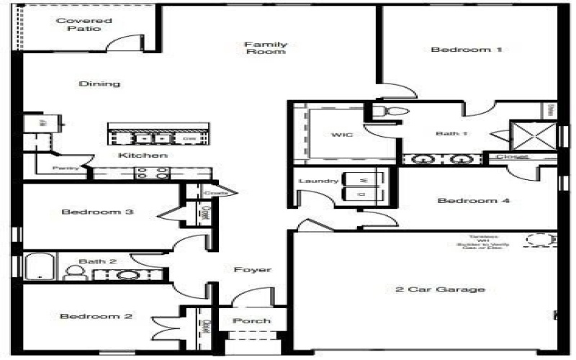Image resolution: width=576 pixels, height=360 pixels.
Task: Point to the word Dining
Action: [x=99, y=84]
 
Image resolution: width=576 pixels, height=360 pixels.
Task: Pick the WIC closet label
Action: [x=341, y=135]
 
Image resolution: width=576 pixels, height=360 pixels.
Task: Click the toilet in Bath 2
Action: [x=73, y=272]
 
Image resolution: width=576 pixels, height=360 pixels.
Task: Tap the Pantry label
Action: [x=65, y=169]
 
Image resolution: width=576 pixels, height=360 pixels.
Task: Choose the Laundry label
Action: [x=318, y=181]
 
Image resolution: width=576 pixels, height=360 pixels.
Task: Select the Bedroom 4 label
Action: [x=474, y=201]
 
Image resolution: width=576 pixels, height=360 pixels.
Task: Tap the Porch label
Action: [x=252, y=320]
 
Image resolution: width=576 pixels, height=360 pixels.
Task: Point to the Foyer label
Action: [x=253, y=270]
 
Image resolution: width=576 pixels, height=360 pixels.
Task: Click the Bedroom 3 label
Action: [x=97, y=212]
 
